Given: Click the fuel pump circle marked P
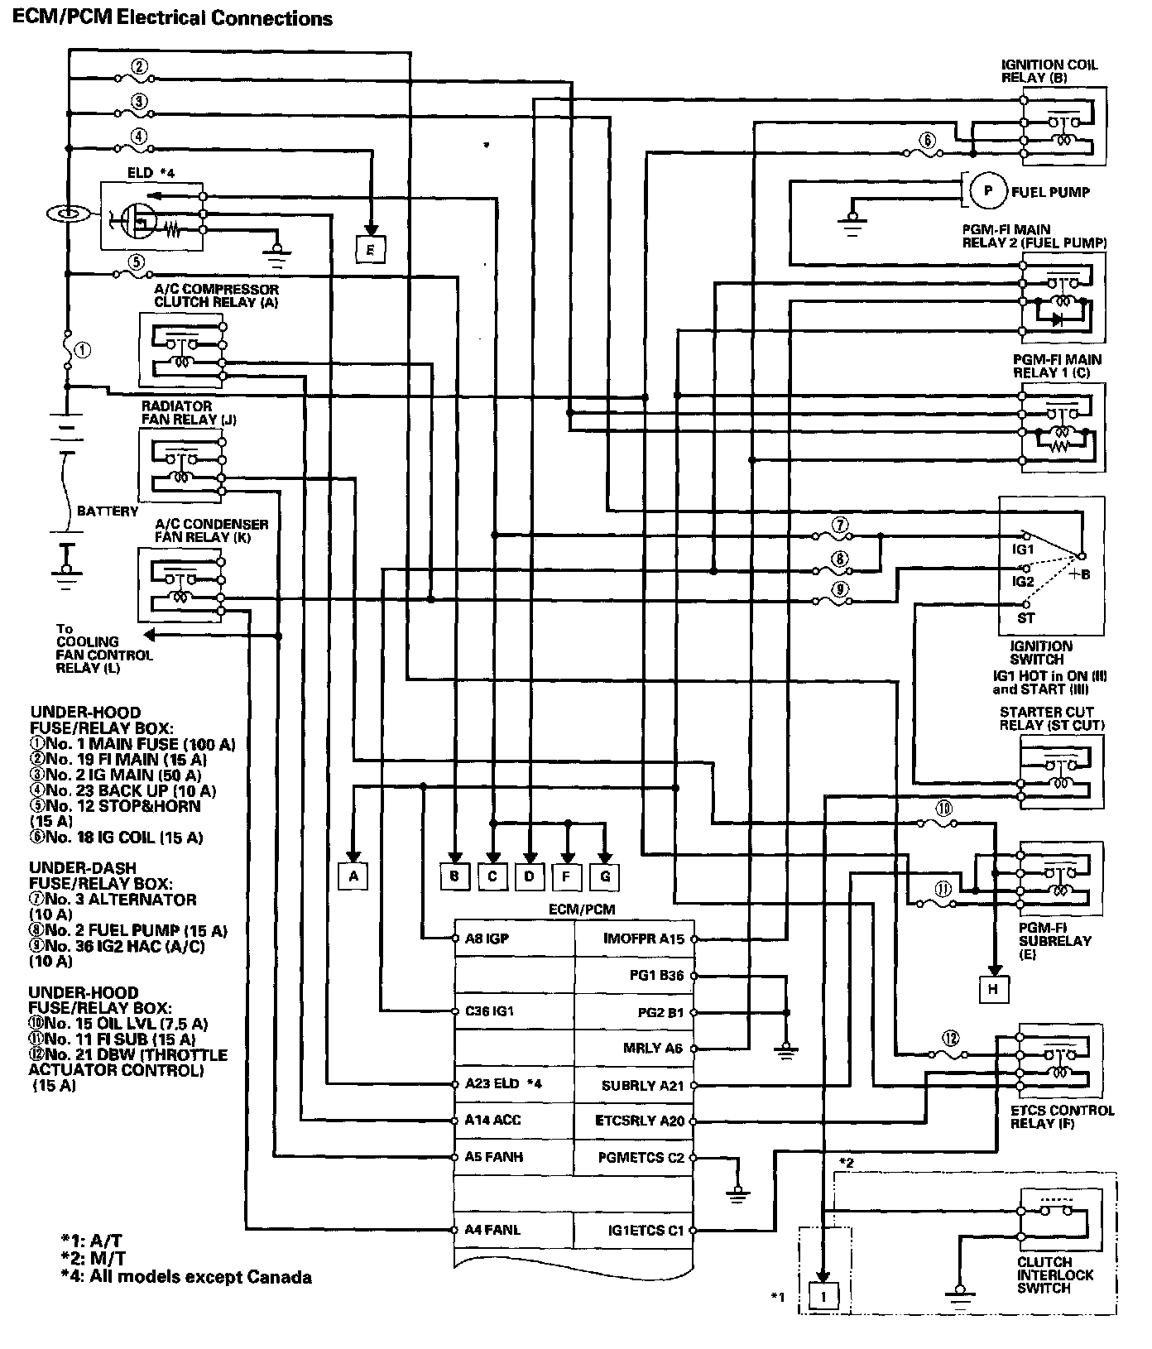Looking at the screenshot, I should pyautogui.click(x=987, y=191).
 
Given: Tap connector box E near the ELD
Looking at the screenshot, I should pyautogui.click(x=370, y=248).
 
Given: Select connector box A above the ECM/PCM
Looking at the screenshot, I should pyautogui.click(x=353, y=876).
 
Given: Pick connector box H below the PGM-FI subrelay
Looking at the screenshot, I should pyautogui.click(x=992, y=987).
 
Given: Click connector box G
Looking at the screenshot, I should pyautogui.click(x=605, y=876).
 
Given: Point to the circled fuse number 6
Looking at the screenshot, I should pyautogui.click(x=928, y=141).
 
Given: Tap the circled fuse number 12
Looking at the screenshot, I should pyautogui.click(x=951, y=1039).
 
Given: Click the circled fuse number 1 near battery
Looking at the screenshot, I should pyautogui.click(x=84, y=350).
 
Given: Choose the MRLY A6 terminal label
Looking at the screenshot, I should pyautogui.click(x=653, y=1048).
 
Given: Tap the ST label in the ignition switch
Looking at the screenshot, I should pyautogui.click(x=1026, y=617).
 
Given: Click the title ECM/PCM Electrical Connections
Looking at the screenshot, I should pyautogui.click(x=172, y=18).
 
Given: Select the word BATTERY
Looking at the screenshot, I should pyautogui.click(x=108, y=511).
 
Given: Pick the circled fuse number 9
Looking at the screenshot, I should pyautogui.click(x=840, y=589).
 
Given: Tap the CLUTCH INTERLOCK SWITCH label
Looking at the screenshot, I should pyautogui.click(x=1055, y=1275).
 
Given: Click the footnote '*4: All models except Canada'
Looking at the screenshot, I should pyautogui.click(x=186, y=1277).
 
